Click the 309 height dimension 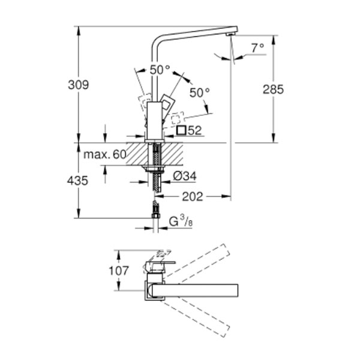tap(78, 85)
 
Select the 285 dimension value tap(273, 89)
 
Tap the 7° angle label tap(258, 48)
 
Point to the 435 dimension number tap(77, 181)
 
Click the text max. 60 tap(105, 155)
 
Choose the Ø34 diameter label tap(185, 176)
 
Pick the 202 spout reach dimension tap(193, 197)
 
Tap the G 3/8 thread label tap(181, 222)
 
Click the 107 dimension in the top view tap(119, 271)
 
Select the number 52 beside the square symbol tap(194, 131)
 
